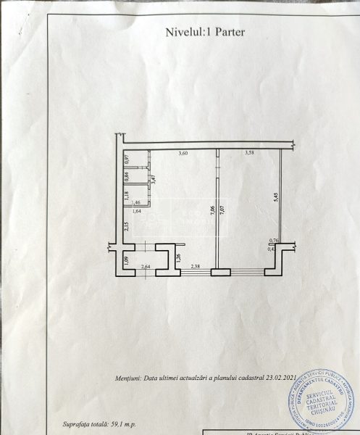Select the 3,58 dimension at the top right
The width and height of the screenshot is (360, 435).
point(249,153)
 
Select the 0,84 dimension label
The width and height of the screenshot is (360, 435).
point(127,176)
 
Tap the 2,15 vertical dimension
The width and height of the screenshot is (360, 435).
point(126,225)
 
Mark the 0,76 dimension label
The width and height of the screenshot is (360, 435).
point(274,241)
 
